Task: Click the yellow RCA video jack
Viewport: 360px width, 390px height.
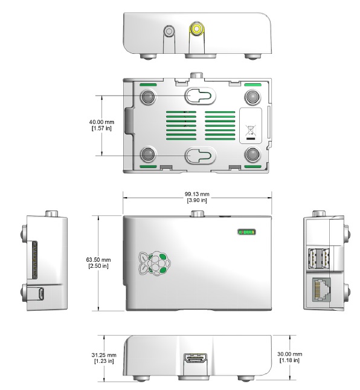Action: click(196, 30)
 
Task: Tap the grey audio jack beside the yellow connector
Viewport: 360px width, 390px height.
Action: click(169, 31)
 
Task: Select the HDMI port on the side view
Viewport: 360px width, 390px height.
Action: click(195, 359)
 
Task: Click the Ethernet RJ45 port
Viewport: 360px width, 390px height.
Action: click(321, 290)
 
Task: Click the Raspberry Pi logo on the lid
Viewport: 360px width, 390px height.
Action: click(155, 264)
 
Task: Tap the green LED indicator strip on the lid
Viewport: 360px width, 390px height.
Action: click(246, 232)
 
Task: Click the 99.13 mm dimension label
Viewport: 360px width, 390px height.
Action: click(197, 194)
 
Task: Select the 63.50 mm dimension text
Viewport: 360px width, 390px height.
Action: click(98, 259)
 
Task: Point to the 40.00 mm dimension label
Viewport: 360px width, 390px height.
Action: click(101, 122)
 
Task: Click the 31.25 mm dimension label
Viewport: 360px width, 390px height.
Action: click(104, 355)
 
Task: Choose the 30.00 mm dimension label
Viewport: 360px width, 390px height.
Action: click(290, 354)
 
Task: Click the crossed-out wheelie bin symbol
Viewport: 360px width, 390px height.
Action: click(251, 131)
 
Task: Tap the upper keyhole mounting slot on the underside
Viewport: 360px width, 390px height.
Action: click(200, 96)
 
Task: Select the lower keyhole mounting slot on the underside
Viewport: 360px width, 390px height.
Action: click(200, 155)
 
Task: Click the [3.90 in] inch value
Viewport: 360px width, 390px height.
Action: click(197, 200)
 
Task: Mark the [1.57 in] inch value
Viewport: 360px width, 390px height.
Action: click(101, 128)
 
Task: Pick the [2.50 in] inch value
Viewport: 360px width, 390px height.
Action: click(98, 266)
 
